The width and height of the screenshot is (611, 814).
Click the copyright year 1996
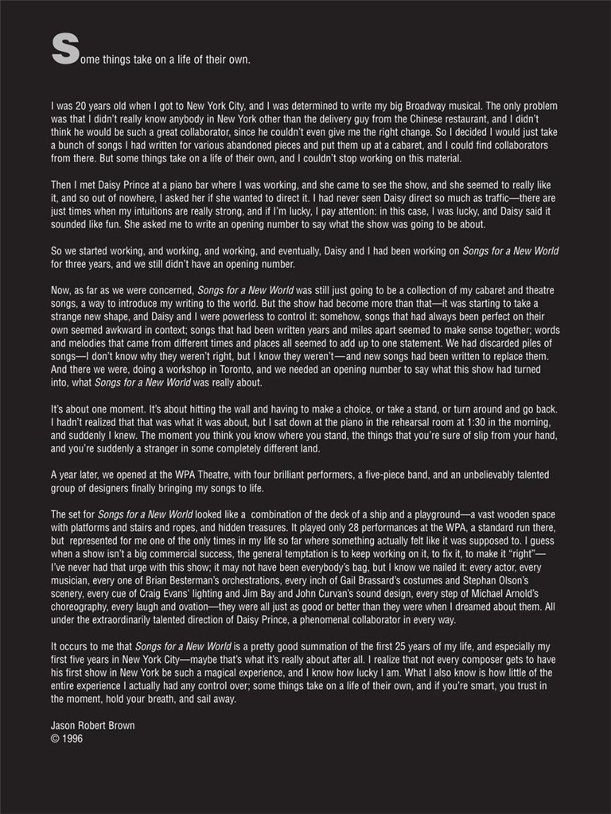(72, 738)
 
